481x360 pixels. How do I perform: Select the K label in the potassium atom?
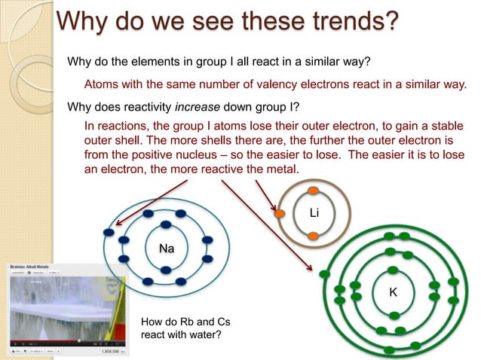(393, 291)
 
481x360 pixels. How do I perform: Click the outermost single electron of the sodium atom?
(110, 232)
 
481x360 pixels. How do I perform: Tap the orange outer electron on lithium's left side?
(280, 215)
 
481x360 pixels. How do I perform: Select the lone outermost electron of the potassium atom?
(325, 273)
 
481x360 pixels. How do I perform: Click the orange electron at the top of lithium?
(312, 190)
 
